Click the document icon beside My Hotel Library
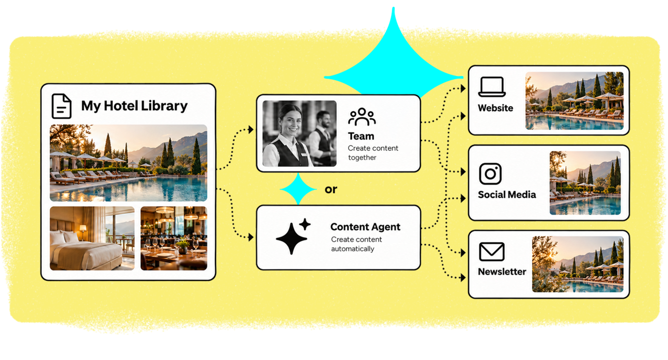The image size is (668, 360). [62, 106]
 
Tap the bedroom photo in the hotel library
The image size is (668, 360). [92, 238]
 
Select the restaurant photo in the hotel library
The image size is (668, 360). [174, 238]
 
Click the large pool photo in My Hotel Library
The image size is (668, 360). [128, 163]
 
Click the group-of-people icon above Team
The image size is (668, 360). [362, 117]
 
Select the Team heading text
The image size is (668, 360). [361, 136]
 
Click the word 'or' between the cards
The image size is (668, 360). [331, 190]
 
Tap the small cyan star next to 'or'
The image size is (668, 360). [298, 189]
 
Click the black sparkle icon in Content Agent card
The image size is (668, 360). [293, 236]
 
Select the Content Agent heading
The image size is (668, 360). [365, 227]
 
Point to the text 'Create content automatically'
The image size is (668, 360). [356, 244]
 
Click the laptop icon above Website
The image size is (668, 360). [492, 87]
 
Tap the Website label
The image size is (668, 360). [495, 108]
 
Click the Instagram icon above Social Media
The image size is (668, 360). [491, 174]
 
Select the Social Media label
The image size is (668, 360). [507, 195]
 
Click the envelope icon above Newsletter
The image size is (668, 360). [492, 252]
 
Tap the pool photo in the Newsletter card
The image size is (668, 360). [578, 264]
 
